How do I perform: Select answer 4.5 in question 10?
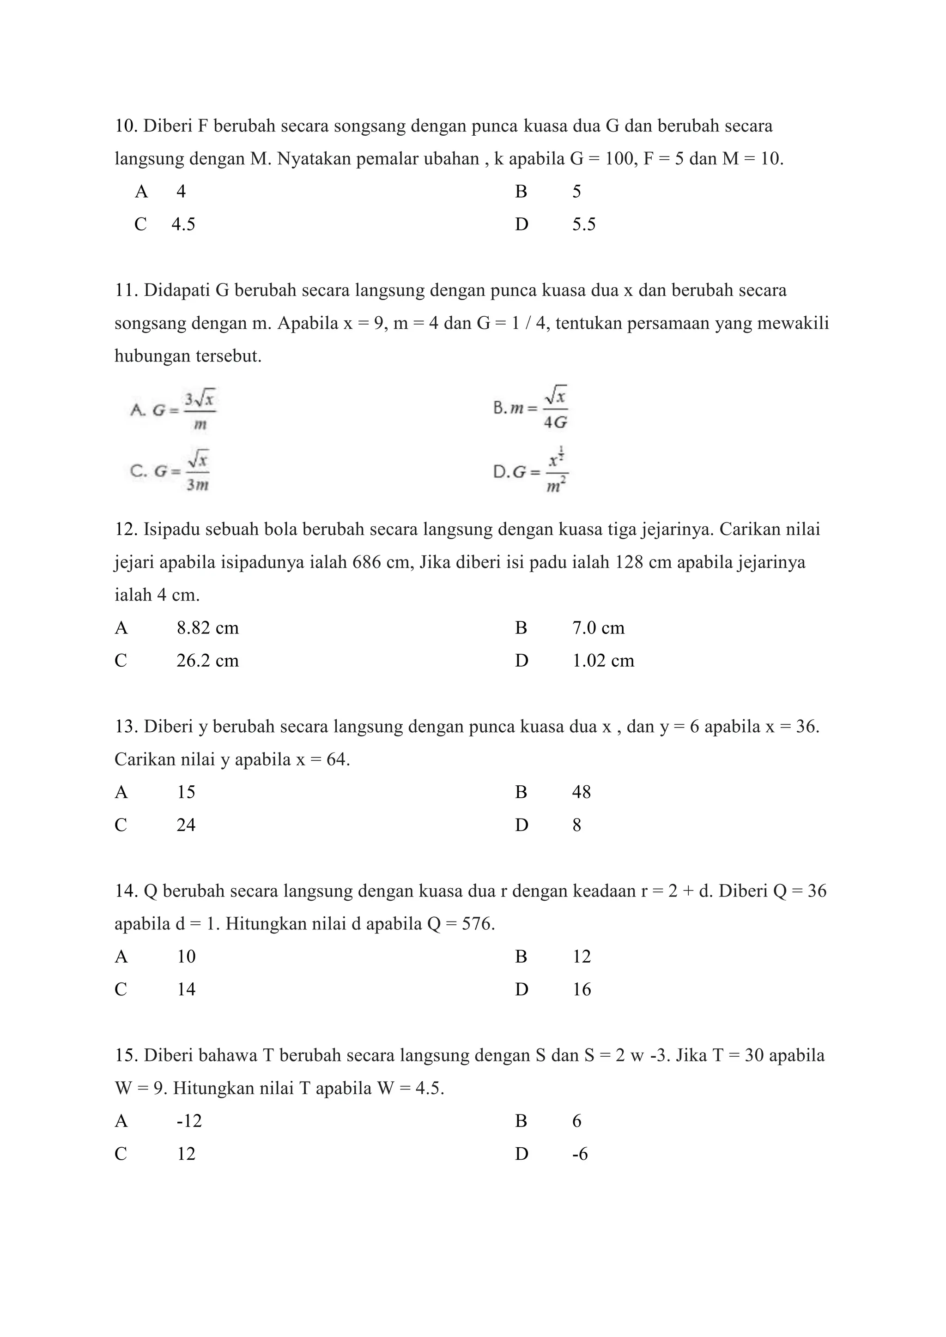[183, 224]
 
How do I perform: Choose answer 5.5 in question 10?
[584, 224]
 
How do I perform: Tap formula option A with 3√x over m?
[175, 410]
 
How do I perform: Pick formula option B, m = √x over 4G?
[531, 408]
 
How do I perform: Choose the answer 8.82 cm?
[207, 628]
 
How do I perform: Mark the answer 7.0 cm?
[598, 628]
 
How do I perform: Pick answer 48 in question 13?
[582, 792]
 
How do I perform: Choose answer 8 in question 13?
[576, 825]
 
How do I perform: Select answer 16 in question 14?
[582, 989]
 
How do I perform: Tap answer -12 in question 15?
[189, 1121]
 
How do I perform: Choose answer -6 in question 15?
[580, 1154]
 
